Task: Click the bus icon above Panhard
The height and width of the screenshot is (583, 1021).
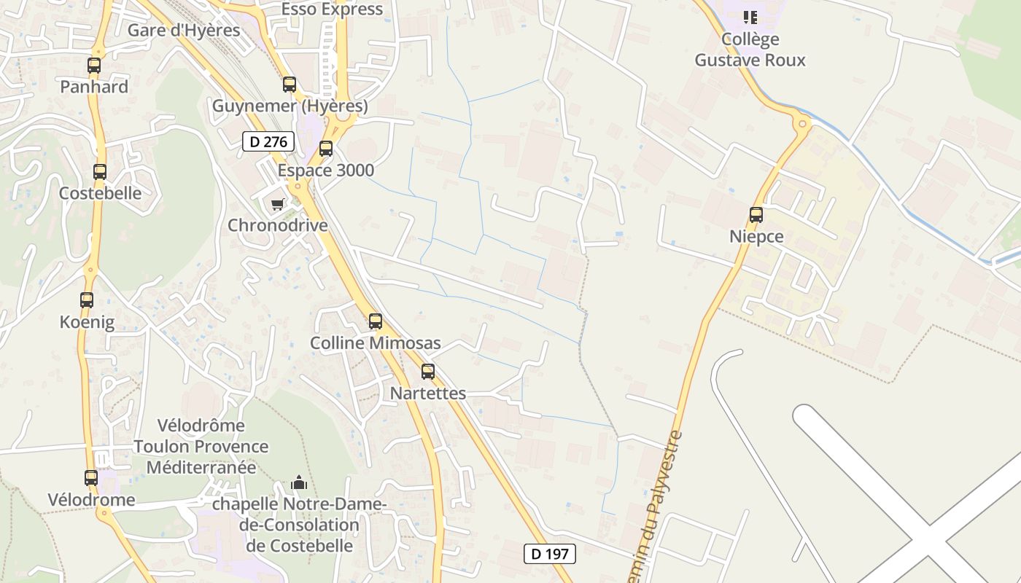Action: [x=94, y=66]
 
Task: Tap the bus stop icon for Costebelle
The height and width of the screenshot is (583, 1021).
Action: [x=100, y=172]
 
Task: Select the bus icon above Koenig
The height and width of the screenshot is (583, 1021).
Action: [x=87, y=300]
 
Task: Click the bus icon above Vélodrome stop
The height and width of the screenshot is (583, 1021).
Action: [x=91, y=478]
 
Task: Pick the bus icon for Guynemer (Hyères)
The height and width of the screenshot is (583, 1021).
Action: [x=290, y=85]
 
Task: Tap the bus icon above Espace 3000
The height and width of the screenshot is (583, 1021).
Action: [x=326, y=149]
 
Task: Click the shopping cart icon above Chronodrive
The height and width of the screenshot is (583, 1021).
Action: [x=277, y=204]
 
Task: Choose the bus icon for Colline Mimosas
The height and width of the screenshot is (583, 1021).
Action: [x=376, y=321]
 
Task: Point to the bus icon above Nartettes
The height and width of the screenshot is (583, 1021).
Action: [x=428, y=372]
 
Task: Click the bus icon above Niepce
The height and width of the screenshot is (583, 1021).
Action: [x=756, y=215]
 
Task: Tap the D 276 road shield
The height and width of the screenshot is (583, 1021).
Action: [x=268, y=141]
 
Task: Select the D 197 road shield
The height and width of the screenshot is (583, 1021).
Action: [x=550, y=554]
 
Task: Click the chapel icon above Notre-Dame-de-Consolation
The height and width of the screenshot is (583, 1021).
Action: [x=299, y=482]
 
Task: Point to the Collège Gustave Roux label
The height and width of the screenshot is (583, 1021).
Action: [x=750, y=50]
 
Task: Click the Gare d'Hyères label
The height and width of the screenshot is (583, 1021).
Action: [x=184, y=31]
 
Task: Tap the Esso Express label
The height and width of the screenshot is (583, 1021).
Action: [x=332, y=9]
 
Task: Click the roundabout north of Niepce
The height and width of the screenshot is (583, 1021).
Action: [x=802, y=124]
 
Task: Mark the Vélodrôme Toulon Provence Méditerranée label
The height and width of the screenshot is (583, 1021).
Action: [x=201, y=446]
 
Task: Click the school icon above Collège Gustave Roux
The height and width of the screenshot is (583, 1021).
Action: [x=750, y=17]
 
